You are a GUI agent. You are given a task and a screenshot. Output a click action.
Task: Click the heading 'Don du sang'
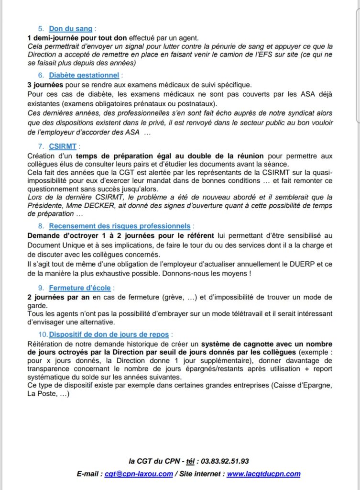point(70,29)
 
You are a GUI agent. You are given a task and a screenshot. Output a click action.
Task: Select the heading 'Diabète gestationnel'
point(84,75)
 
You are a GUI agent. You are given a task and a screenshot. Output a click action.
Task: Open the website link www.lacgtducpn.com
point(263,474)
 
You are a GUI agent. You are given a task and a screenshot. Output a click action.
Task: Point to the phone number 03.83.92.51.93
point(225,461)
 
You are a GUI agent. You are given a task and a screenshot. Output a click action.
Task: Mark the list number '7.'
point(41,146)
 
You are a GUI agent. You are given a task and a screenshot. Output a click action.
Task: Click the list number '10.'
point(43,334)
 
